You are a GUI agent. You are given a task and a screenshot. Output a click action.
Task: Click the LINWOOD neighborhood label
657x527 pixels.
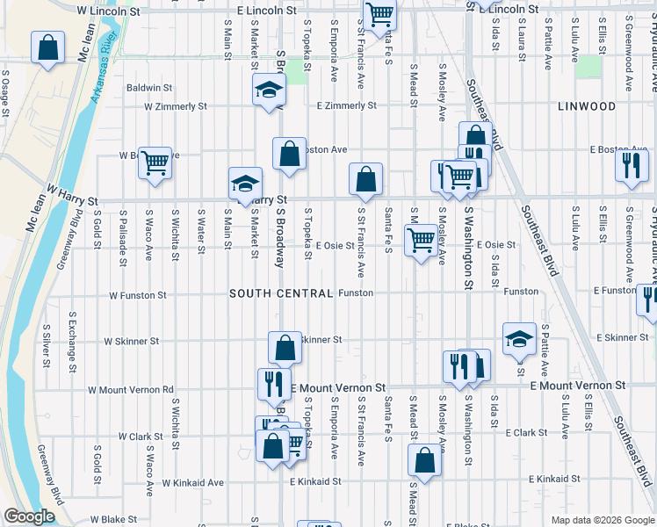[586, 106]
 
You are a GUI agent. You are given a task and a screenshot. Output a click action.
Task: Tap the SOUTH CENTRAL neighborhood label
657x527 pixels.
[281, 293]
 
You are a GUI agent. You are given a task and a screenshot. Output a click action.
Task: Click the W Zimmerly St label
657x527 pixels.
[175, 106]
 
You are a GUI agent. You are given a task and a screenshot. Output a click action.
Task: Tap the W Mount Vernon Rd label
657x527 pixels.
[131, 389]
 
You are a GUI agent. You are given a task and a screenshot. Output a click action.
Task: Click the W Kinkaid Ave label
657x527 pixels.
[193, 482]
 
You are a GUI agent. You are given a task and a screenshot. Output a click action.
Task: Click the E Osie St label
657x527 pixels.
[336, 245]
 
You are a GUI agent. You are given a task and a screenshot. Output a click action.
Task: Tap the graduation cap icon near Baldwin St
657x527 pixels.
[269, 89]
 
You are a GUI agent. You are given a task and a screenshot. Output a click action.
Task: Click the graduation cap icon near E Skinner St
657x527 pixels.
[519, 338]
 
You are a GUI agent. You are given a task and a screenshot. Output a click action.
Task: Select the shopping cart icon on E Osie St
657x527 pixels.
[422, 239]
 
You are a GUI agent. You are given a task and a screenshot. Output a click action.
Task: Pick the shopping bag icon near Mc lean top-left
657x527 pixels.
[47, 47]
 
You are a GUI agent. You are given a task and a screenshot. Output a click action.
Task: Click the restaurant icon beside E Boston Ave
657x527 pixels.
[632, 165]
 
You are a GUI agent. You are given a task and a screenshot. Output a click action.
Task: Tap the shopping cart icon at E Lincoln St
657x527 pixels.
[379, 14]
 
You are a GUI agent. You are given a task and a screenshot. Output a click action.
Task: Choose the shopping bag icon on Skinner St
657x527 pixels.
[285, 348]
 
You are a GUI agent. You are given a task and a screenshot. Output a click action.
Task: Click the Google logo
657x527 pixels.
[29, 517]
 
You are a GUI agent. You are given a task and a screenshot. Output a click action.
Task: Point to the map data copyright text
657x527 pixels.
[602, 520]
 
